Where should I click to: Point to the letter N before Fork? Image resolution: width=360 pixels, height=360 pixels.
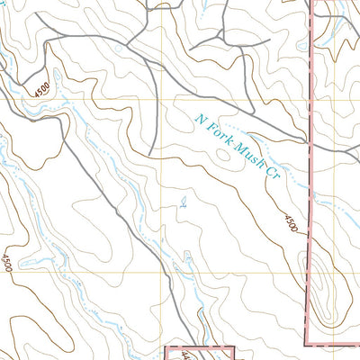(200, 117)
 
